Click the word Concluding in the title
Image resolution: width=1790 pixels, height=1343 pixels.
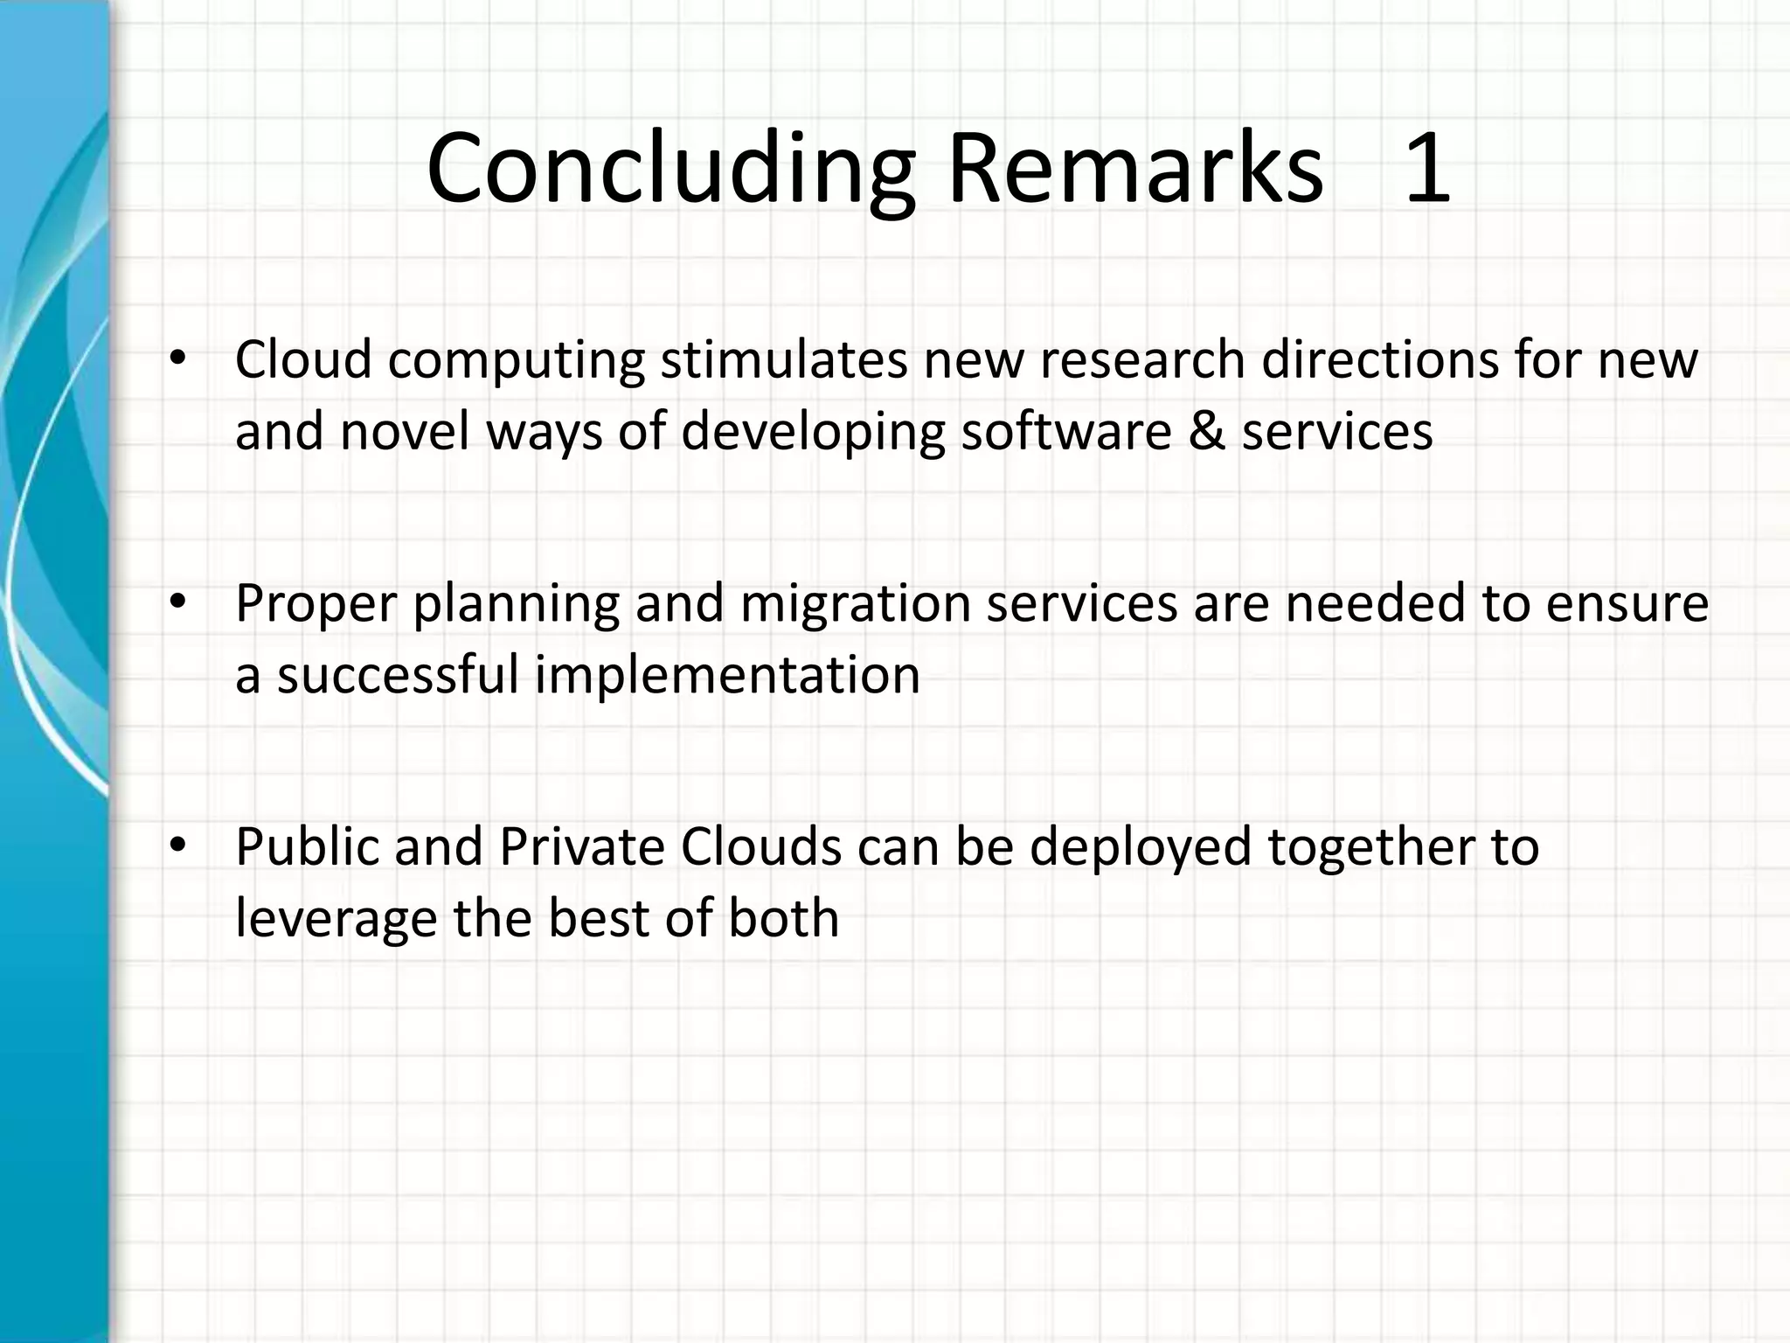coord(670,169)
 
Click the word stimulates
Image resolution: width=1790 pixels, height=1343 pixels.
coord(784,359)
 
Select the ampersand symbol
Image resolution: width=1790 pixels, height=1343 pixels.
coord(1206,431)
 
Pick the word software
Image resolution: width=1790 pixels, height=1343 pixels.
coord(1066,431)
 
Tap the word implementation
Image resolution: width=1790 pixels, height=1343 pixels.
coord(727,675)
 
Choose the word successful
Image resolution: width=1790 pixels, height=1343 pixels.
coord(398,675)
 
